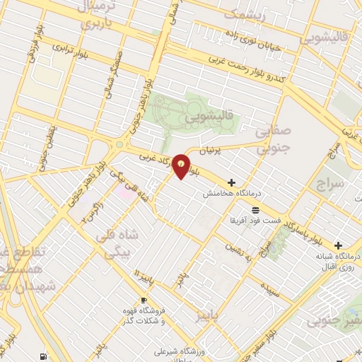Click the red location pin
point(182,166)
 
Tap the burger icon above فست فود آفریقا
point(255,209)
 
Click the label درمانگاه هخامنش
point(228,192)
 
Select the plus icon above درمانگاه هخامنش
point(231,182)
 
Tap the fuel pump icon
point(45,356)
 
